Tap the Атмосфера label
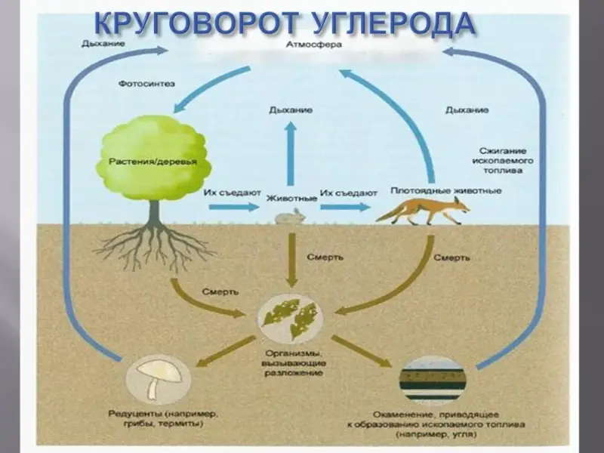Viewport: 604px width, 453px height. click(313, 45)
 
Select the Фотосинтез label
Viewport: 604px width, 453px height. click(146, 84)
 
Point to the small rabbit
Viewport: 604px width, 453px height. click(291, 217)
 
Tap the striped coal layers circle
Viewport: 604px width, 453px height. click(432, 380)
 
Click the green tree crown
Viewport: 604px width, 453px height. click(153, 158)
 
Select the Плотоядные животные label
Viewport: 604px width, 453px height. click(446, 191)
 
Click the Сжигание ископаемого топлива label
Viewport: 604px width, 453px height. click(503, 160)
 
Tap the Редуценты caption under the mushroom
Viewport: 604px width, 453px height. click(163, 419)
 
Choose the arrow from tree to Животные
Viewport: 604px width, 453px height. click(233, 207)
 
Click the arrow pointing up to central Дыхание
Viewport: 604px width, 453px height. click(290, 153)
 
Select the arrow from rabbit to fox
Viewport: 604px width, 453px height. click(345, 207)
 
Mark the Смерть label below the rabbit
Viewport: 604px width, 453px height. click(325, 257)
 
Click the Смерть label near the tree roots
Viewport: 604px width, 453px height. click(220, 292)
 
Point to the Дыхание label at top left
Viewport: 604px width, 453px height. click(103, 44)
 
